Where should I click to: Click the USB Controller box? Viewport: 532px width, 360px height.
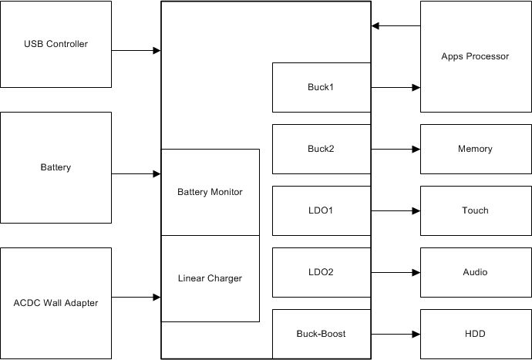point(56,44)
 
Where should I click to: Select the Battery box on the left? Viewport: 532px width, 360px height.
point(56,167)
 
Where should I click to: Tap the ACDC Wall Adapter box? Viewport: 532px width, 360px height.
point(56,303)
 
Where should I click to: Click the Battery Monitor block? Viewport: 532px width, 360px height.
point(210,192)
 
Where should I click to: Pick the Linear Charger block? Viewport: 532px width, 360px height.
point(210,278)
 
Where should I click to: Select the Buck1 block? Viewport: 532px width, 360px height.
point(321,87)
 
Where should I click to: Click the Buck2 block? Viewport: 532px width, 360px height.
point(321,149)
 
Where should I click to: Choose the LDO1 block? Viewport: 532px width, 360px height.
point(321,210)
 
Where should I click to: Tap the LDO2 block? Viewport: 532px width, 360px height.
point(321,272)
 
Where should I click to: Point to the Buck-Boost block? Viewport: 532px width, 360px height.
point(321,334)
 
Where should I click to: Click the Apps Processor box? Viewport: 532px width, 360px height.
point(475,56)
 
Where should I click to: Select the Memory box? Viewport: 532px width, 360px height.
point(475,149)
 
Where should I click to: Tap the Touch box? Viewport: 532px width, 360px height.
point(475,210)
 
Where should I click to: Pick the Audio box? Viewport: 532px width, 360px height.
point(475,272)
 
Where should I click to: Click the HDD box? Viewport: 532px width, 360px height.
point(475,334)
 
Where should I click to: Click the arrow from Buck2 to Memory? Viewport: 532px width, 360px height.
point(395,149)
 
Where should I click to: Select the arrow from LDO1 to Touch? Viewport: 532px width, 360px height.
point(395,210)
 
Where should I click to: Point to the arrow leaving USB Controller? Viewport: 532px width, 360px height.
point(136,51)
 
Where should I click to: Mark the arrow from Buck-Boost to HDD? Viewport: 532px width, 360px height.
point(395,334)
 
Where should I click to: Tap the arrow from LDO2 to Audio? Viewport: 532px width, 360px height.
point(395,272)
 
